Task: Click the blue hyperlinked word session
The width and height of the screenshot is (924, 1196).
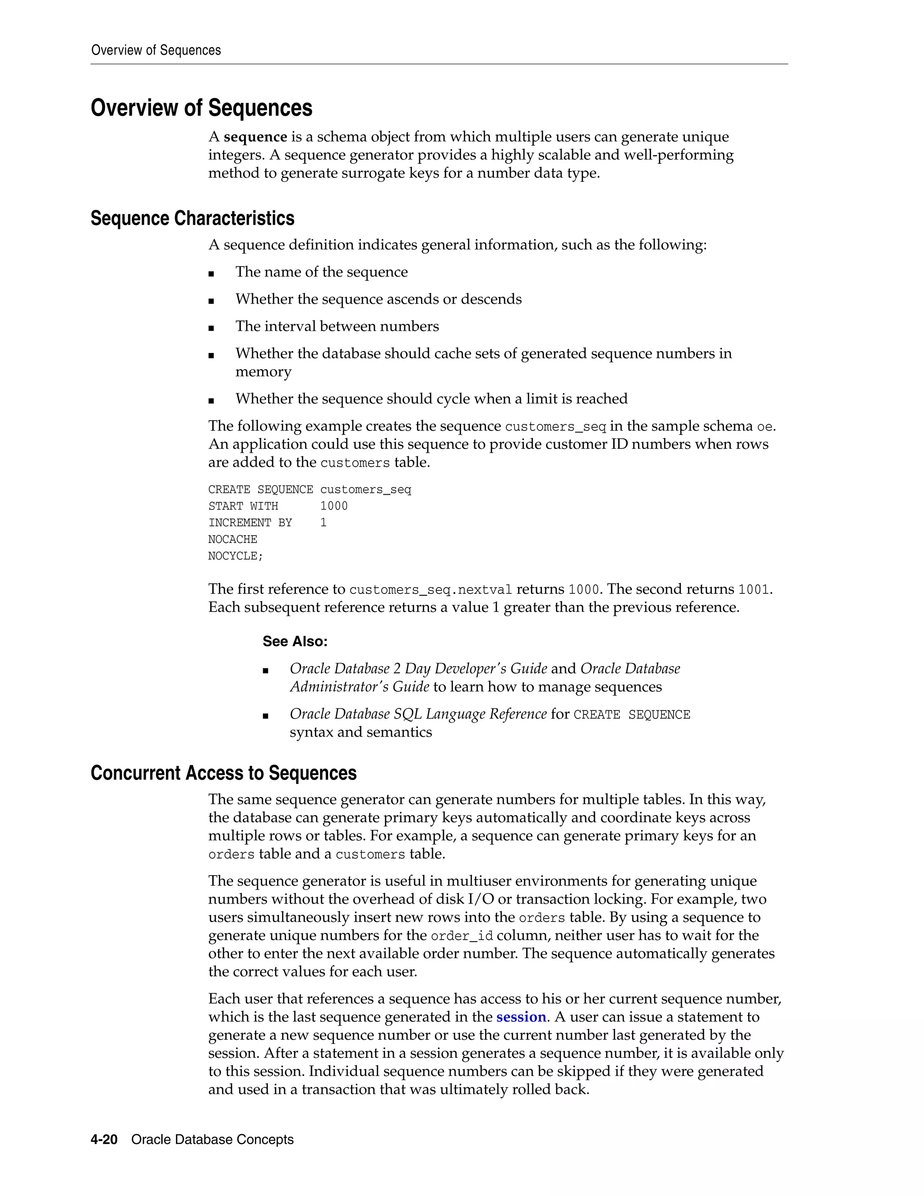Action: [521, 1017]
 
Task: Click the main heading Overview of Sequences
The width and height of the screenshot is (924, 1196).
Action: [201, 108]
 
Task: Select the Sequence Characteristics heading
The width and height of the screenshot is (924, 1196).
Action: [192, 218]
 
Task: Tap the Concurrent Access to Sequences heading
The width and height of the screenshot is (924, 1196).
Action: [223, 773]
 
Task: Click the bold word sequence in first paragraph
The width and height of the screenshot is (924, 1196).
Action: [255, 137]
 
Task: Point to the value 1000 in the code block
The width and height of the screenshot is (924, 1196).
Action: [333, 506]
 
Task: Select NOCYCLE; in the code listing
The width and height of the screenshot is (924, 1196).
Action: [236, 556]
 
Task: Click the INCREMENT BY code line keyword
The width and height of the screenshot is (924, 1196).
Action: [250, 523]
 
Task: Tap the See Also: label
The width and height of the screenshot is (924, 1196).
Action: [295, 641]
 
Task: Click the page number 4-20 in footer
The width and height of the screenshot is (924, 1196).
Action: [104, 1140]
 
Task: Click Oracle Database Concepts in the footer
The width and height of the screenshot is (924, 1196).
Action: [213, 1140]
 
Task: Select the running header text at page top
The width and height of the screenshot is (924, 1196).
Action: [156, 51]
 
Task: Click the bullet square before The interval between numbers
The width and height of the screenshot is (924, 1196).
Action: [211, 328]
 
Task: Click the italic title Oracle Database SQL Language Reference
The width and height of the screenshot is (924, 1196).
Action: [418, 714]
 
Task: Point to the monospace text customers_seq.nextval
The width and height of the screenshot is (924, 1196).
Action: [430, 590]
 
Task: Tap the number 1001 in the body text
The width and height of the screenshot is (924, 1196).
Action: [754, 590]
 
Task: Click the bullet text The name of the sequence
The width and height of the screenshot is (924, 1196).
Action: [321, 272]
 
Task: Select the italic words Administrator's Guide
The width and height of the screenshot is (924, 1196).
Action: [359, 687]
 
